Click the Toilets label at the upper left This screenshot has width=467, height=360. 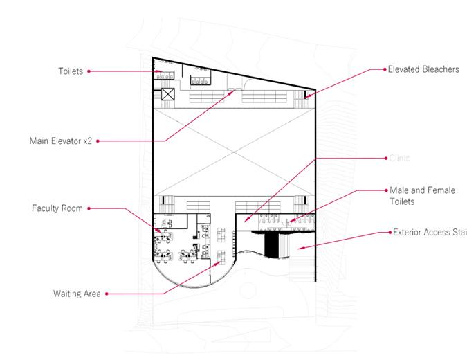70,71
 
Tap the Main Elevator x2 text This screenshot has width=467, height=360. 59,141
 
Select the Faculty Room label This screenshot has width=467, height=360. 57,208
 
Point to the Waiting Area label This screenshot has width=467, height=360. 77,294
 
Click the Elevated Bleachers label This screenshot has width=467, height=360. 423,69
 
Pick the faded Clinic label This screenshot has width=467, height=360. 399,158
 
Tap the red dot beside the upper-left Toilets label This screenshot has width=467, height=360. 89,71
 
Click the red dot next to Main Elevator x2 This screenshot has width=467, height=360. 98,141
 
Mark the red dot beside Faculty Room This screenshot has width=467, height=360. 89,208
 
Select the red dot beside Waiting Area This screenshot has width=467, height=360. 107,294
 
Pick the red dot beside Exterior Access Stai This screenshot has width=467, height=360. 387,233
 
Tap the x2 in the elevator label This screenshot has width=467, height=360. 87,141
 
